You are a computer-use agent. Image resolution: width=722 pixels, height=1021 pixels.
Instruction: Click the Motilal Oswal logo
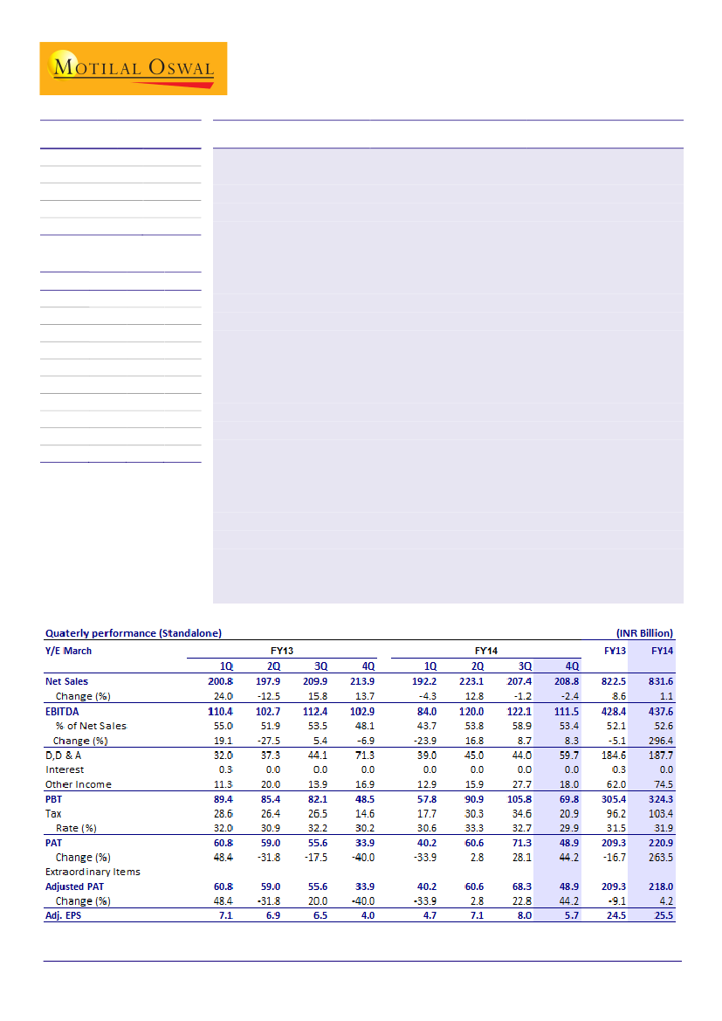[x=133, y=68]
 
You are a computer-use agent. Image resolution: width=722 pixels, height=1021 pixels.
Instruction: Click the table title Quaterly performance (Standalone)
[x=133, y=632]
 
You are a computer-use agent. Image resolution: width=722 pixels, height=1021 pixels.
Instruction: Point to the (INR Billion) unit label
[x=644, y=632]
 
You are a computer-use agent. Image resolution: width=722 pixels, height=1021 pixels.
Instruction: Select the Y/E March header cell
[x=68, y=651]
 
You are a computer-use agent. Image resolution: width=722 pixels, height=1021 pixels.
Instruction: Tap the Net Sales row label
[x=66, y=681]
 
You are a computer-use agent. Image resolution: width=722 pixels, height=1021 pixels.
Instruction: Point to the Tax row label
[x=53, y=813]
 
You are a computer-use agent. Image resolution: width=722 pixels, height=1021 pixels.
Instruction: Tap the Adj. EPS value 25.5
[x=662, y=916]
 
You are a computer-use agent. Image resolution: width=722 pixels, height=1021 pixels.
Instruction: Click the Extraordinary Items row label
[x=93, y=872]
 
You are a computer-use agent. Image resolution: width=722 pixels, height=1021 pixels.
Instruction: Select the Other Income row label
[x=79, y=784]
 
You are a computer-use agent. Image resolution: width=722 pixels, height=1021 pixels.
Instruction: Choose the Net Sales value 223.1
[x=471, y=681]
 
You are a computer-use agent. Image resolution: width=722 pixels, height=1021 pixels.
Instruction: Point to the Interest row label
[x=65, y=769]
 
